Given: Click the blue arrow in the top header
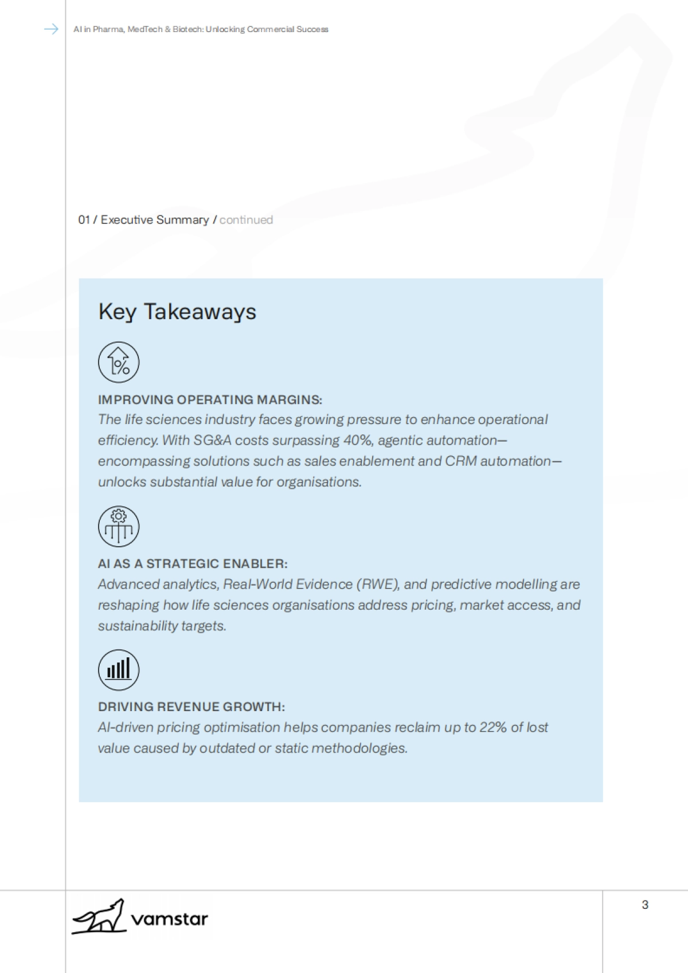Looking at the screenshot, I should click(51, 29).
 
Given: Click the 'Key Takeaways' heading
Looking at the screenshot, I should click(177, 312).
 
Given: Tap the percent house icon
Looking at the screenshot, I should click(119, 362).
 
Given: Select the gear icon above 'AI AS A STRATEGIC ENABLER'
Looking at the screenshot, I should click(119, 526).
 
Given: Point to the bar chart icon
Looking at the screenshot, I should click(119, 669).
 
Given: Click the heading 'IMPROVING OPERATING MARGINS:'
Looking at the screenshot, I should click(210, 399).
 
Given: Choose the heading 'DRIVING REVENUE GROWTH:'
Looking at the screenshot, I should click(191, 707).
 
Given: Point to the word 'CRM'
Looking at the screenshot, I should click(461, 461).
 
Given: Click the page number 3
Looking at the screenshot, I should click(645, 905).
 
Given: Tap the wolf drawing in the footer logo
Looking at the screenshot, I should click(98, 917).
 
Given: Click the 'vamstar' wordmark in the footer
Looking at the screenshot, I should click(170, 919).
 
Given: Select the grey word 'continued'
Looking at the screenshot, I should click(246, 219).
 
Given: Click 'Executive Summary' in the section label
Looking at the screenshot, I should click(154, 219).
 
